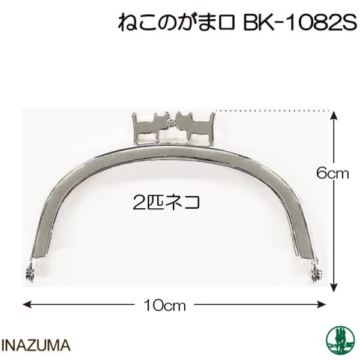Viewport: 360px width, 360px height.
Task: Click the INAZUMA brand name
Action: pos(38,346)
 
